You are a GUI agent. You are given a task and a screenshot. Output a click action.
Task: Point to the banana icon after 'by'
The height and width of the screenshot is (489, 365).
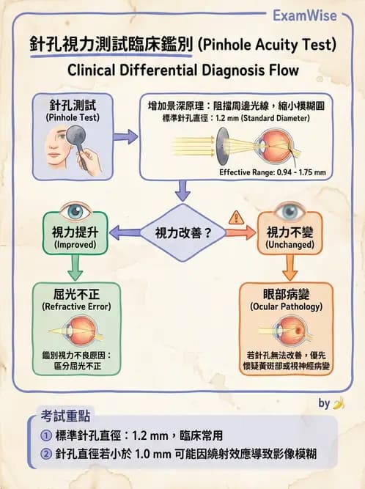[x=338, y=402]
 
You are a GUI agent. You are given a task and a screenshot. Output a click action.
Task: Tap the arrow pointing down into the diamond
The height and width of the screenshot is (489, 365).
[x=182, y=191]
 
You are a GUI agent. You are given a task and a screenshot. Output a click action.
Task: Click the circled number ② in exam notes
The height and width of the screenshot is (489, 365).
[x=45, y=454]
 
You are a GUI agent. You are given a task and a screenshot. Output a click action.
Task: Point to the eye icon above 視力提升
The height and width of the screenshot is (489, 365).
[x=75, y=210]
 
